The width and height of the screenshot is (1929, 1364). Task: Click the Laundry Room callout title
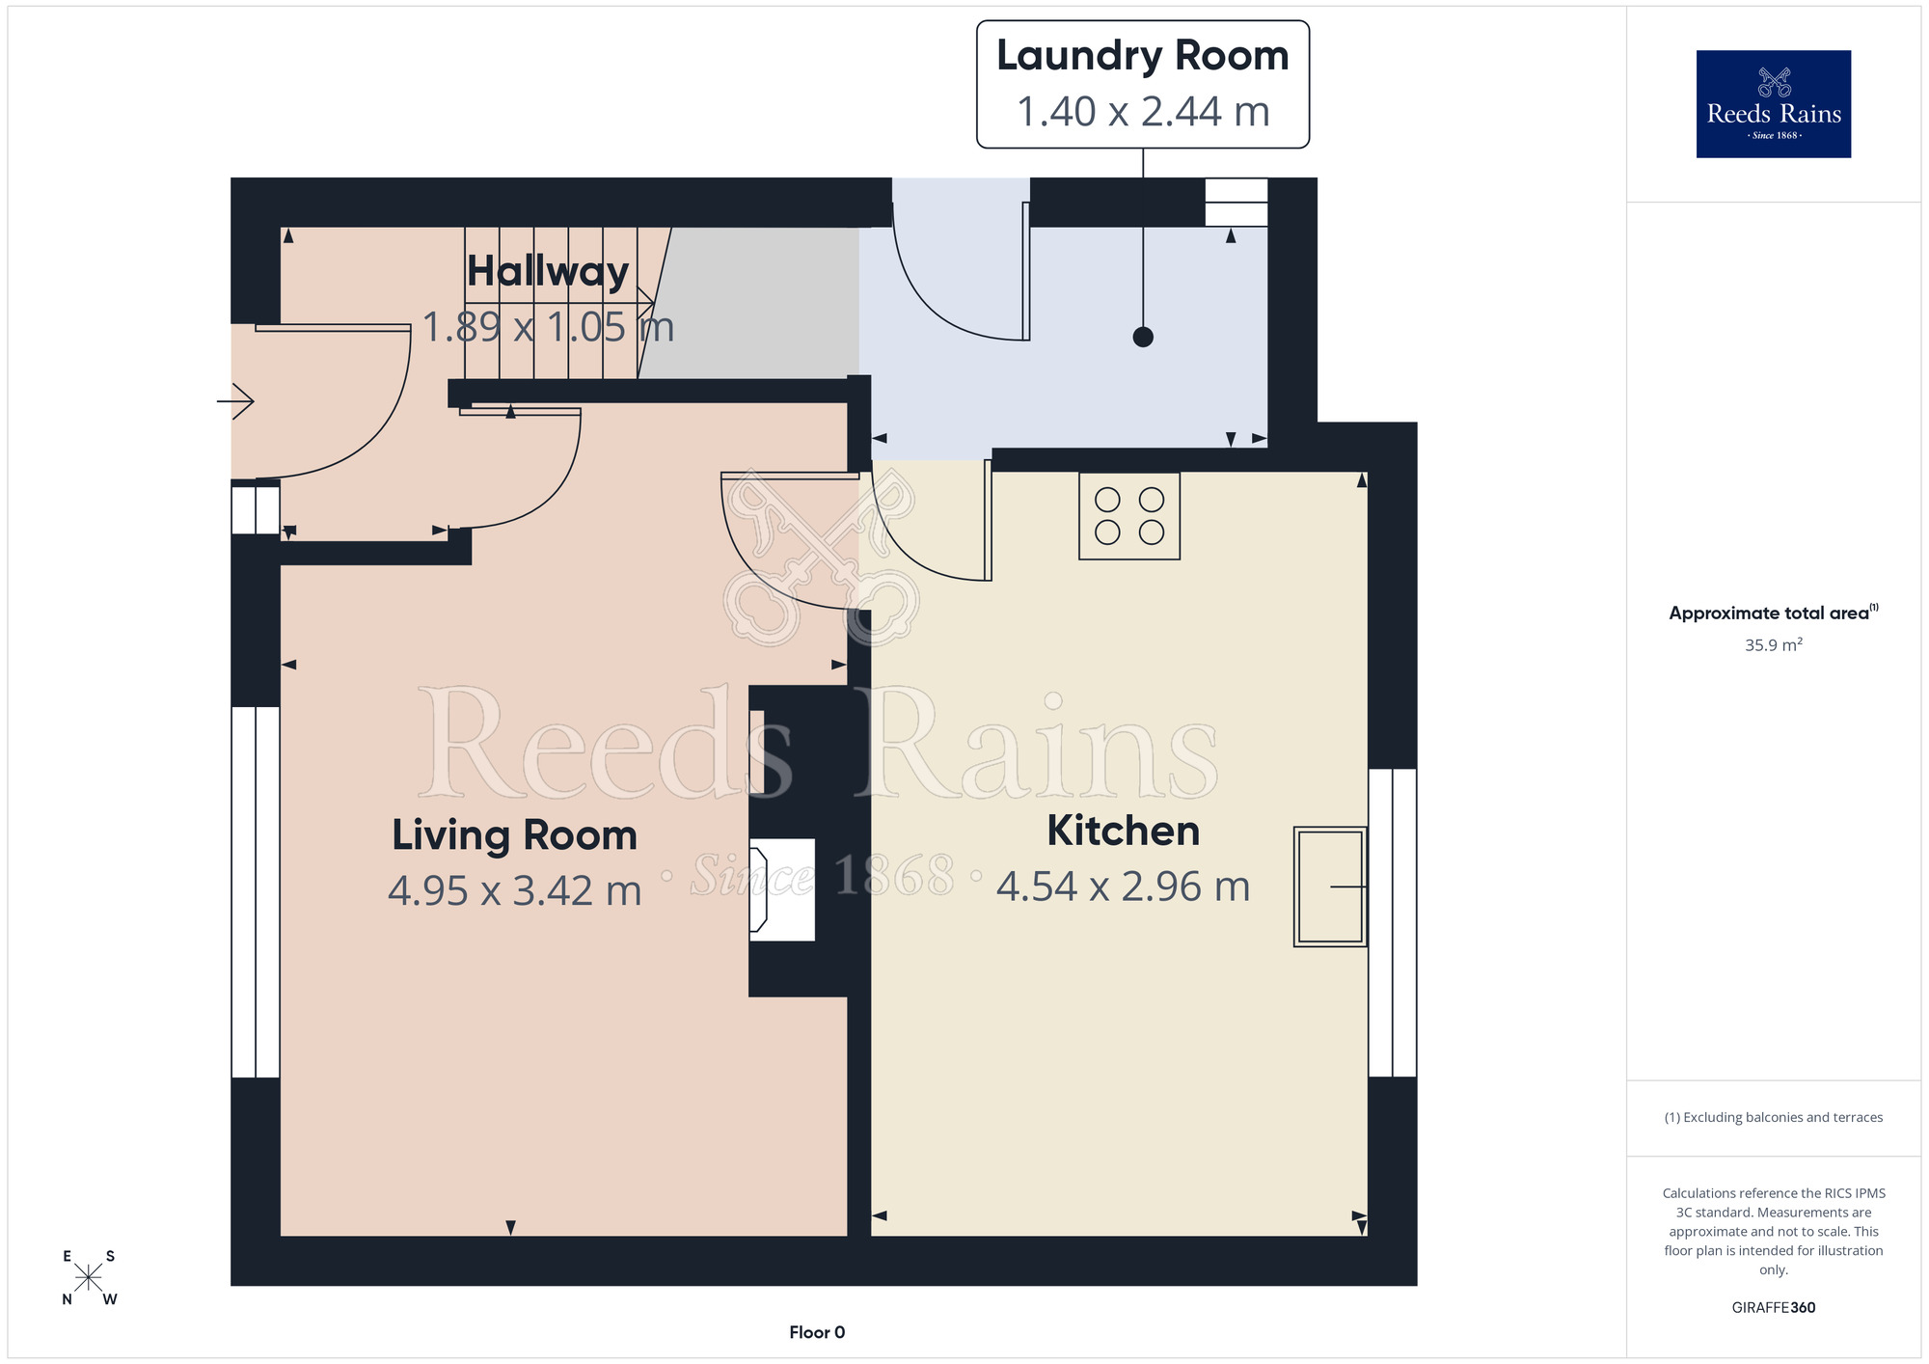point(1143,57)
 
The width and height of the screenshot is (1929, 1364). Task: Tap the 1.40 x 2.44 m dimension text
point(1143,112)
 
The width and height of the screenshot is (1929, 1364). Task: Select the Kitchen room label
point(1124,831)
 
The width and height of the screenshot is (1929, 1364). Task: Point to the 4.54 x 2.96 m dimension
point(1124,887)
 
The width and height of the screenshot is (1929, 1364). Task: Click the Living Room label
point(514,836)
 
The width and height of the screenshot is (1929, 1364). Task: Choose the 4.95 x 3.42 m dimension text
point(514,890)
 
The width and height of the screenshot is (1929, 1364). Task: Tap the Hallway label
point(548,272)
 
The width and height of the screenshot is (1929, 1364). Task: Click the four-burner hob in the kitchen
point(1129,516)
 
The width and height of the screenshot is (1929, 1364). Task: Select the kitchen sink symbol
point(1330,887)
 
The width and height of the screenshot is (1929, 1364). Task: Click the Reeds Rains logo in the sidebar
point(1774,104)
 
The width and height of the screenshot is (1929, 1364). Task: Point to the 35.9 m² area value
point(1774,644)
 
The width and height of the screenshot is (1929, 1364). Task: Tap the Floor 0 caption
point(817,1332)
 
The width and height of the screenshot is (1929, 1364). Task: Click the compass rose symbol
point(88,1278)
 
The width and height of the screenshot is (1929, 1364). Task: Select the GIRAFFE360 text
point(1774,1308)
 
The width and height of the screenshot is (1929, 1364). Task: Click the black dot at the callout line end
point(1143,337)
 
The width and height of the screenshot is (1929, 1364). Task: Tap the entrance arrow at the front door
point(235,400)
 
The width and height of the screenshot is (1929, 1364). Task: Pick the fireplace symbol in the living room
point(782,889)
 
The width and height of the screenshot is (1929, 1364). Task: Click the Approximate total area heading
point(1774,613)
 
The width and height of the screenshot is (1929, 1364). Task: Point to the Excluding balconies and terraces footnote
point(1774,1117)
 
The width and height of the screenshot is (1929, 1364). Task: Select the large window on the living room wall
point(256,892)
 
